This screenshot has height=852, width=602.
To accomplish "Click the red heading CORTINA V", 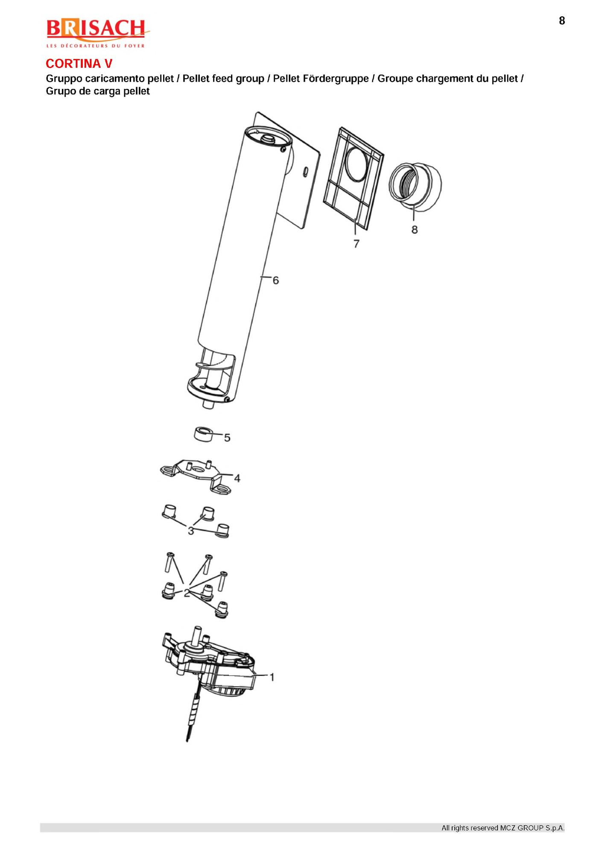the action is tap(79, 64).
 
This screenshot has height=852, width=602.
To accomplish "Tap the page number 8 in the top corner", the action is tap(562, 21).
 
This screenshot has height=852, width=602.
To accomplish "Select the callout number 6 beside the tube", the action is tap(276, 280).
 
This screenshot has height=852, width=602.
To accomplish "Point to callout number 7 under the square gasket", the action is tap(357, 244).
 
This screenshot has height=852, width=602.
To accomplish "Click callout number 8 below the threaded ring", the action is tap(415, 230).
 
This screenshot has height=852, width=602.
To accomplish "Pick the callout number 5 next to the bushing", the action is tap(227, 438).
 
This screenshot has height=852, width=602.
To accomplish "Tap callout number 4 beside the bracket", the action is tap(237, 478).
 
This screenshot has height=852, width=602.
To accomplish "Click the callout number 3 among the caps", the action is tap(191, 531).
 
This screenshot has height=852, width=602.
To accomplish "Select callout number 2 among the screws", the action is tap(187, 593).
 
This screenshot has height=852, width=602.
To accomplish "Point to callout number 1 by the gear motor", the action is tap(272, 677).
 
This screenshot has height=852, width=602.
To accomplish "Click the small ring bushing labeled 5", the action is tap(203, 434).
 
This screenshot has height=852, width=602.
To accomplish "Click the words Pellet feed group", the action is tap(223, 79).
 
